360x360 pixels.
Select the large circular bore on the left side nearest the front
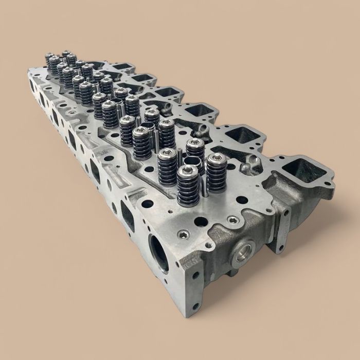pyautogui.click(x=159, y=253)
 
